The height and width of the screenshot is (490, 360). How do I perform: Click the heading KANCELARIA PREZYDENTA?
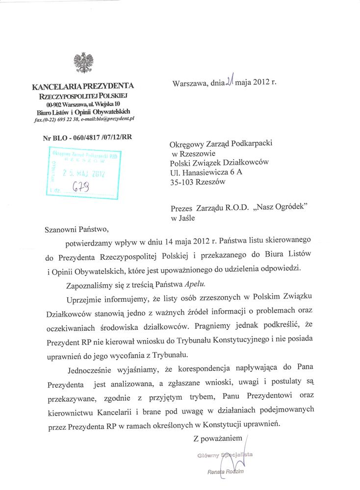pyautogui.click(x=82, y=87)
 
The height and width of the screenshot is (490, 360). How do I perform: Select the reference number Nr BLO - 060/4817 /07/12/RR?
pyautogui.click(x=88, y=137)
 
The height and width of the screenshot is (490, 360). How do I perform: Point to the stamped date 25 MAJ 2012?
pyautogui.click(x=83, y=173)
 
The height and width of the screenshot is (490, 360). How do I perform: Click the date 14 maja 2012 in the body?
pyautogui.click(x=189, y=243)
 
